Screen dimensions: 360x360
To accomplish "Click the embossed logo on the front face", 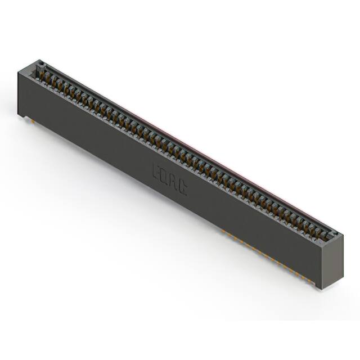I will point(169,179).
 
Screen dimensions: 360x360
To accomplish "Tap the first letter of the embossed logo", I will point(156,170).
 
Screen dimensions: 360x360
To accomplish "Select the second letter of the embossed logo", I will point(165,176).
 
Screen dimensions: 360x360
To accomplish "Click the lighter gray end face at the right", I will point(332,260).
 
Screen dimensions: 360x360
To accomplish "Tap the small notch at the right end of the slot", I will point(332,234).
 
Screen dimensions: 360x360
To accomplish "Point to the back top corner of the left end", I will point(41,60).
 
